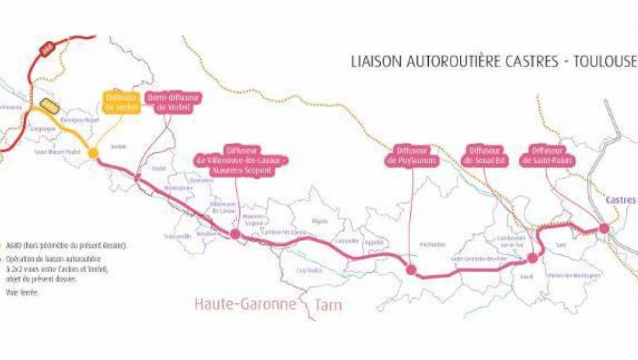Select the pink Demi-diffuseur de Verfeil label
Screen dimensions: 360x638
174,102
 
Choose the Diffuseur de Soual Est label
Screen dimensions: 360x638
487,156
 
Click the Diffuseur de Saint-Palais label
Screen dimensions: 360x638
547,156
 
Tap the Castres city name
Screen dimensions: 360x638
621,200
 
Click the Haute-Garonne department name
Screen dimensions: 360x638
246,304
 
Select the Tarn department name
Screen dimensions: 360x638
328,304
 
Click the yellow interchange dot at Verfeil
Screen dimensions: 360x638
93,153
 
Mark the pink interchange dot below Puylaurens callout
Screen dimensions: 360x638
412,270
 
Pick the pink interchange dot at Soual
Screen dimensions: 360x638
532,258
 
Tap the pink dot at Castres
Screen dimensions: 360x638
604,229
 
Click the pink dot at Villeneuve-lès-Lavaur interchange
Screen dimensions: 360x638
235,235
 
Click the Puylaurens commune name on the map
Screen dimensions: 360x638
433,244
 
